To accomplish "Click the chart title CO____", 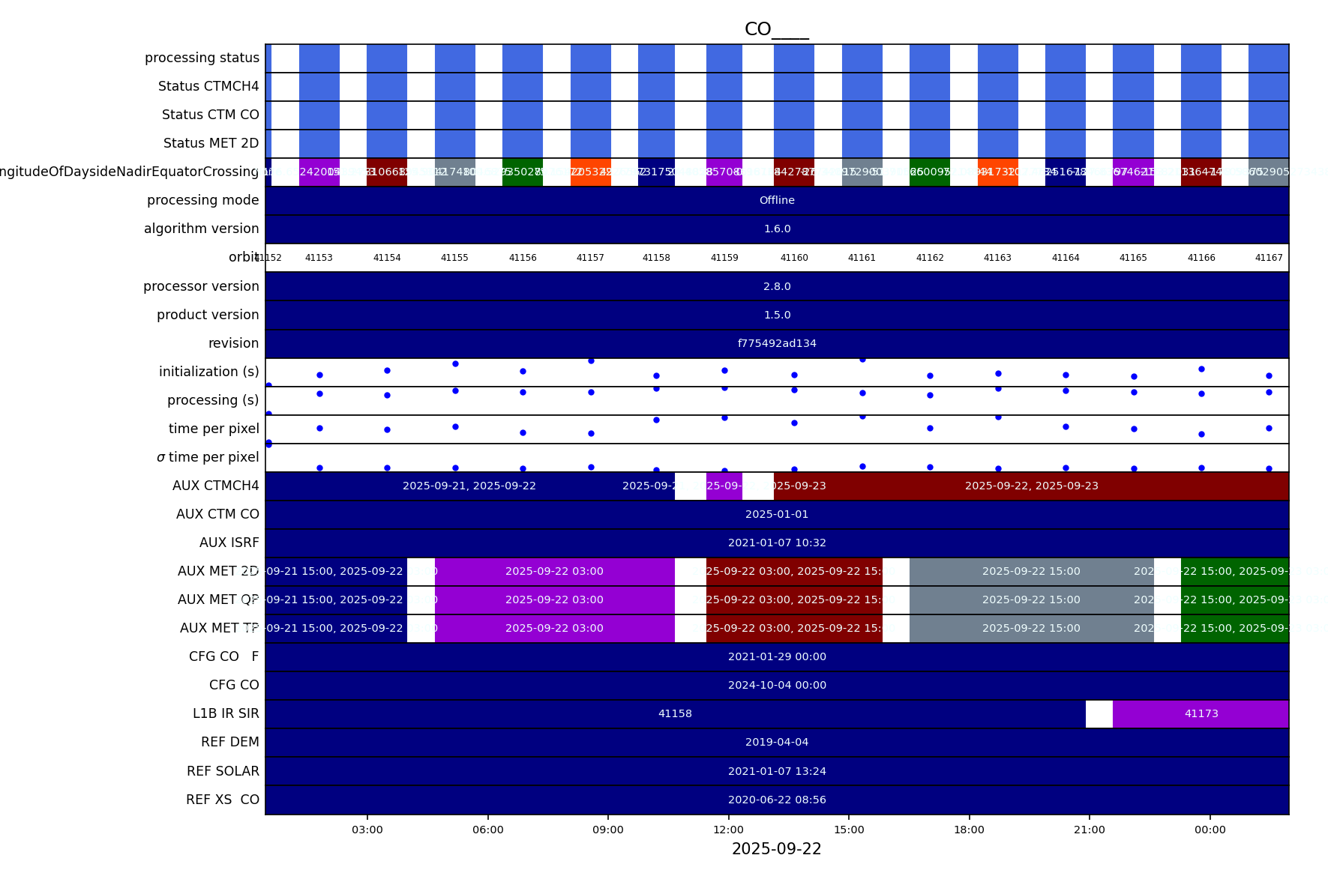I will click(x=776, y=29).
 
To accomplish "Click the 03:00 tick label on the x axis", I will click(x=367, y=830).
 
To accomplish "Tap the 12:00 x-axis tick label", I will click(x=728, y=830).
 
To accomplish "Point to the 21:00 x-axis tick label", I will click(x=1089, y=830).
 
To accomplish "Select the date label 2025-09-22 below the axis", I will click(x=776, y=849).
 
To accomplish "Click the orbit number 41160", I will click(x=794, y=258).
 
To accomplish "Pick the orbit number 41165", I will click(x=1133, y=258).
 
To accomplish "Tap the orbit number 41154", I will click(x=387, y=258).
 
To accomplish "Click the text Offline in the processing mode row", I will click(x=777, y=200).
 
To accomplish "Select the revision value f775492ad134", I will click(x=777, y=343).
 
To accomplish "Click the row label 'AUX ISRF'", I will click(x=229, y=543).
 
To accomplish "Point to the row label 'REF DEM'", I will click(x=229, y=742).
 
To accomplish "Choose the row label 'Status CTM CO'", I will click(x=210, y=115).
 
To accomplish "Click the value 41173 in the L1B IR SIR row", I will click(x=1201, y=713).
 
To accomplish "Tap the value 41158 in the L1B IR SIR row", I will click(x=675, y=713).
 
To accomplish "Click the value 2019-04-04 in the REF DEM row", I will click(x=777, y=742).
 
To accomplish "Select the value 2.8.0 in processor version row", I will click(x=777, y=286).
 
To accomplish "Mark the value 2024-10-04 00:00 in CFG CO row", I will click(x=777, y=685).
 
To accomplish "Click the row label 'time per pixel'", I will click(x=214, y=429).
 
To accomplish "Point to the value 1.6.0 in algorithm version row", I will click(x=777, y=229).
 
